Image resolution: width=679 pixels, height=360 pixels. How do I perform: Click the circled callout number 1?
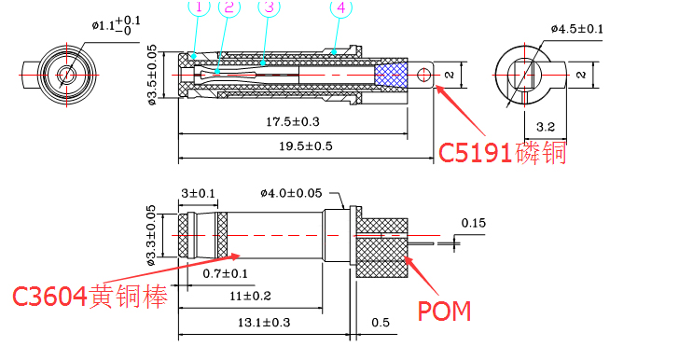(199, 7)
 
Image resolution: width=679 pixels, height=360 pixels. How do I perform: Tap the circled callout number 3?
(270, 7)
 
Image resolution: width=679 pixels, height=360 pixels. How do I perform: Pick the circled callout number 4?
(340, 8)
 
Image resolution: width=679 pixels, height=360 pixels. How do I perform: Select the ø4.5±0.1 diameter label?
(575, 29)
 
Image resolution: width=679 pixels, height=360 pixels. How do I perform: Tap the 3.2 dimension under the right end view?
(546, 124)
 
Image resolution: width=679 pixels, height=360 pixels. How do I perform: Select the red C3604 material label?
(90, 297)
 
